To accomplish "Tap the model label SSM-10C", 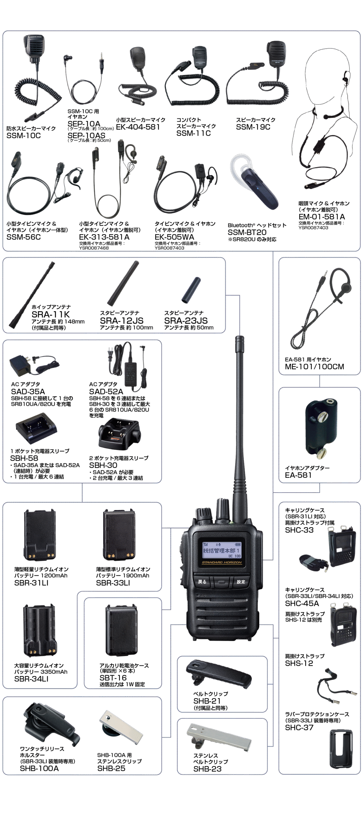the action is (24, 136).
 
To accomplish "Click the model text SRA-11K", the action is (50, 314).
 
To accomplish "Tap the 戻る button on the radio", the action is (202, 581).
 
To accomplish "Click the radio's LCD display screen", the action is (222, 550).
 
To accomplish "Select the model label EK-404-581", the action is (138, 127).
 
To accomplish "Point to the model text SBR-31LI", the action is (31, 583).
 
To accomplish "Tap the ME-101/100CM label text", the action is (315, 367).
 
